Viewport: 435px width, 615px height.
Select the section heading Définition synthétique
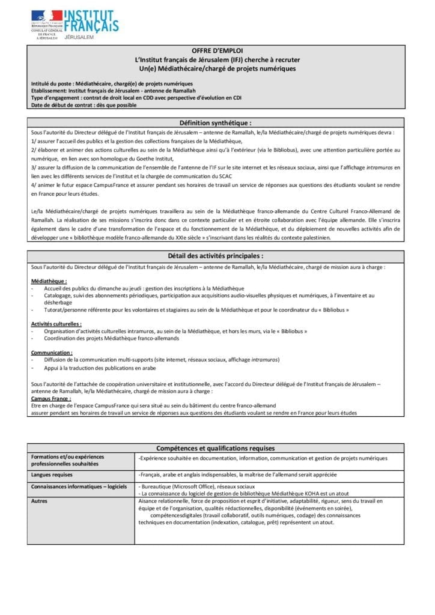tap(216, 122)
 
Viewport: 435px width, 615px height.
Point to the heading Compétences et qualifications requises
tap(215, 448)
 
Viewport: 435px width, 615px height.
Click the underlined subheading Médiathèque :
tap(49, 281)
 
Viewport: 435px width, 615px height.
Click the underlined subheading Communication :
tap(52, 353)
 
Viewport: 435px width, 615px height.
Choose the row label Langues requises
tap(52, 474)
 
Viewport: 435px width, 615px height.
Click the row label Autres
tap(40, 500)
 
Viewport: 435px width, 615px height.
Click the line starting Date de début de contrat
tap(84, 105)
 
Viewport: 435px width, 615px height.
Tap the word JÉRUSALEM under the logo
tap(78, 37)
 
